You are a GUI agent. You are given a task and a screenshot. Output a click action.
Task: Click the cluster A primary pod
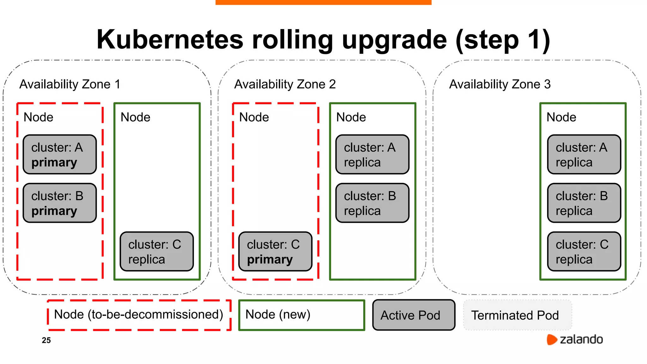(60, 155)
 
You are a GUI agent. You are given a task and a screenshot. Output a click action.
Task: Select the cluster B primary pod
(60, 203)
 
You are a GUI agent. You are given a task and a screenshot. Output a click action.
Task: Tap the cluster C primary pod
(275, 252)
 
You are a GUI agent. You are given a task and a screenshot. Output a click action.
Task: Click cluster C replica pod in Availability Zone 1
(157, 252)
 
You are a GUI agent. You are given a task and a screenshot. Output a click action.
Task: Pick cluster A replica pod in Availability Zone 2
(372, 155)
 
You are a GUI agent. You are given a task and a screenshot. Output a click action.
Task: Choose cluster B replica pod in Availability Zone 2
(372, 203)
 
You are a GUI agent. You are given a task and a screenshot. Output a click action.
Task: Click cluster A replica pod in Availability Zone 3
(584, 155)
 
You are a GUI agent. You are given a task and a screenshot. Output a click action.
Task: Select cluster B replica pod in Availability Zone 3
(584, 203)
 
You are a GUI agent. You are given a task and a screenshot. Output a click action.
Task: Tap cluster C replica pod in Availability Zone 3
(584, 252)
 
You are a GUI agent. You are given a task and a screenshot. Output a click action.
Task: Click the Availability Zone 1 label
(70, 84)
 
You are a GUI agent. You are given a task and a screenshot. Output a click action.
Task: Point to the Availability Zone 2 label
(285, 84)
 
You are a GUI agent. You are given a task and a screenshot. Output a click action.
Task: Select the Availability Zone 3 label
(500, 84)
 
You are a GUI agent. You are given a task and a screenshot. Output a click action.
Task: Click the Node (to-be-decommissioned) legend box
(139, 315)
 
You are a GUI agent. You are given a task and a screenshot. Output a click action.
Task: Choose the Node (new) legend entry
(302, 315)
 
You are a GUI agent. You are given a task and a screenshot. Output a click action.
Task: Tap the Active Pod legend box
(414, 315)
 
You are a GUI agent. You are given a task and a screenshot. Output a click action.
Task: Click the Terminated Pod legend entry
(517, 315)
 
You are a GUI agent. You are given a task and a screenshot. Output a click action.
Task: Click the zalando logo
(575, 339)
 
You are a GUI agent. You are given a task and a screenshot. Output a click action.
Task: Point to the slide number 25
(46, 340)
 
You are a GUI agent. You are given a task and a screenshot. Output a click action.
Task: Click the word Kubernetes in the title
(170, 40)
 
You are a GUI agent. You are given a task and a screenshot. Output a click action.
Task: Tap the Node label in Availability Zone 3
(561, 117)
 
